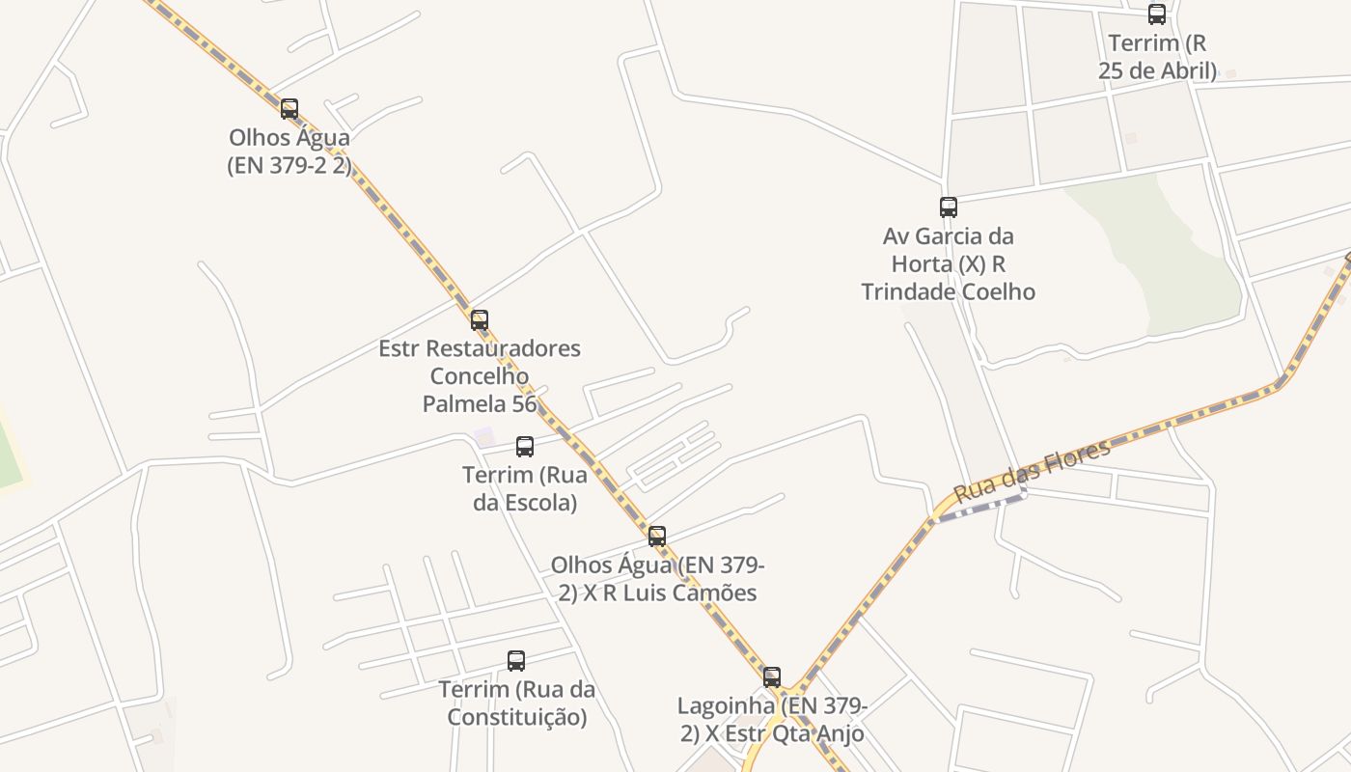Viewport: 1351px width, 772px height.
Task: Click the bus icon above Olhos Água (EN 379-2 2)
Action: (289, 109)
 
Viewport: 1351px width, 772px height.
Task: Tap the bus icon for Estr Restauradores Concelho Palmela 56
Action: (480, 319)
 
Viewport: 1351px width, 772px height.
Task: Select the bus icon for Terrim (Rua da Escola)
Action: (525, 447)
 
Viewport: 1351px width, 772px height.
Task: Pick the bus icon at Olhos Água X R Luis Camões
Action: (657, 537)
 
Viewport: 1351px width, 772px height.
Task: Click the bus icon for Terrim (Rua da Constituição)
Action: (516, 661)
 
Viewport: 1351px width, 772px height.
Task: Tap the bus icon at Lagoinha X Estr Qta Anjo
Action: (772, 677)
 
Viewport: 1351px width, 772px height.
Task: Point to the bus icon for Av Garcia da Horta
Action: (949, 207)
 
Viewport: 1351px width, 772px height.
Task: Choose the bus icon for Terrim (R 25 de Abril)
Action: (1157, 14)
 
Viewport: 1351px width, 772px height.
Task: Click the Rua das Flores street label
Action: (1032, 470)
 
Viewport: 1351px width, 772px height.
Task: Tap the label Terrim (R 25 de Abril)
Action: (1157, 57)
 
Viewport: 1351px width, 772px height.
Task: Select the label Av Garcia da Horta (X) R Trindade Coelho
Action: (949, 263)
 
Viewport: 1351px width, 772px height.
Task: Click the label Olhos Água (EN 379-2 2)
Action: (289, 152)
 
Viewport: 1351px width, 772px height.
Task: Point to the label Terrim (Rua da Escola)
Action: (525, 488)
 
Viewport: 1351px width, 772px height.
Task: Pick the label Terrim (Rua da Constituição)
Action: (516, 703)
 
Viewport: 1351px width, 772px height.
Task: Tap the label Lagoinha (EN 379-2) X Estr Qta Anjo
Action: (772, 720)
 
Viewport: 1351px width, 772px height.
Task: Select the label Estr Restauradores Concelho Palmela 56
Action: (480, 375)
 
